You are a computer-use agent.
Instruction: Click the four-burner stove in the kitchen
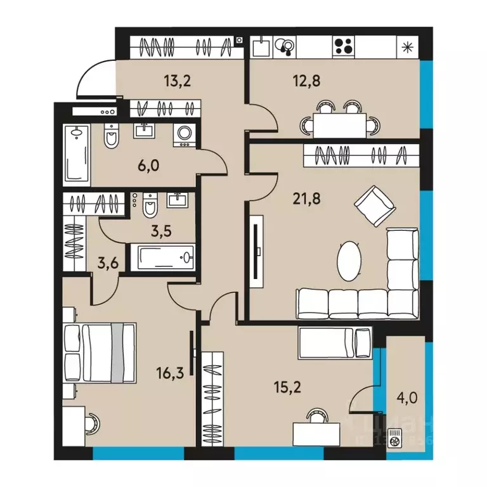344,46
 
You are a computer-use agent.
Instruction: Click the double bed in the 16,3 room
100,353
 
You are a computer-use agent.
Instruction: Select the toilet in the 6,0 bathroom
112,135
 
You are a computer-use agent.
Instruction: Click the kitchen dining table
341,124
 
